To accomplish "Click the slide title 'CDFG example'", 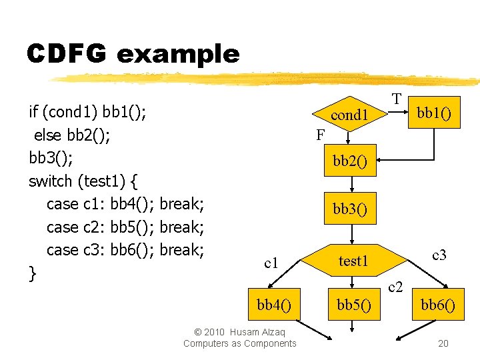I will click(133, 53).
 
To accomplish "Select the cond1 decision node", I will click(350, 115).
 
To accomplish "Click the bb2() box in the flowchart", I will click(350, 161).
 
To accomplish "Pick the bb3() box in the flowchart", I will click(350, 209).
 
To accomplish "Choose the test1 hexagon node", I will click(353, 261).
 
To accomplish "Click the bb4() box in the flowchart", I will click(273, 305).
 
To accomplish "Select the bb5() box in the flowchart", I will click(354, 305).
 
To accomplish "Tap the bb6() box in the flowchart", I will click(438, 305).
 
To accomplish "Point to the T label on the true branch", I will click(397, 99).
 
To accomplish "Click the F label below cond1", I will click(321, 135).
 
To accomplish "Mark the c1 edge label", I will click(271, 263).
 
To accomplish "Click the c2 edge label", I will click(395, 287).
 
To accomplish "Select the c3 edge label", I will click(439, 254).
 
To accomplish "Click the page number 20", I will click(443, 343).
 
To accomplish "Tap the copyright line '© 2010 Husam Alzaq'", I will click(239, 332).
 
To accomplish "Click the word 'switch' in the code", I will click(51, 181).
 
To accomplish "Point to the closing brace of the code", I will click(33, 273).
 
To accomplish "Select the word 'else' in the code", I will click(48, 135).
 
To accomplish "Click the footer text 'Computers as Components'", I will click(239, 343).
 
